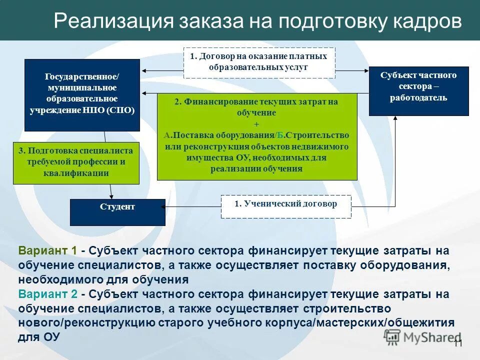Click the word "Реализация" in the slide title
[x=109, y=22]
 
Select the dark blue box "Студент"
[x=117, y=212]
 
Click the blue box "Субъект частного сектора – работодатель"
[x=418, y=90]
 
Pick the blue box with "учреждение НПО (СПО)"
[x=82, y=94]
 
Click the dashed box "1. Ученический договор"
[x=286, y=206]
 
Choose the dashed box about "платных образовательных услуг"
[x=259, y=62]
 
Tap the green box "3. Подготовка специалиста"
[x=75, y=162]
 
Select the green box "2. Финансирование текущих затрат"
[x=257, y=136]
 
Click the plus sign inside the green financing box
[x=257, y=124]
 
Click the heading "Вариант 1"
[x=47, y=250]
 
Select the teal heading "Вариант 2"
[x=47, y=294]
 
